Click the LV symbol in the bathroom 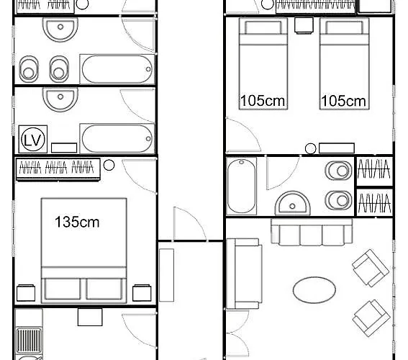point(32,138)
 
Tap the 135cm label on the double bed point(77,222)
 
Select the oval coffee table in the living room point(314,289)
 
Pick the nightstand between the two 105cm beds point(302,25)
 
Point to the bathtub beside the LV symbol point(117,137)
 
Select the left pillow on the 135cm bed point(63,288)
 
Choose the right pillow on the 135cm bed point(106,288)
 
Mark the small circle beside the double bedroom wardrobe point(109,166)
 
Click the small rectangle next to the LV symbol point(64,147)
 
